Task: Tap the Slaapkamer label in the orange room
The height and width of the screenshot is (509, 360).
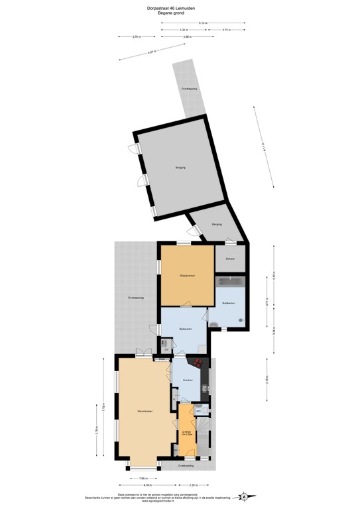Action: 186,275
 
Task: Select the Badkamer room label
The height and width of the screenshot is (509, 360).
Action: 227,302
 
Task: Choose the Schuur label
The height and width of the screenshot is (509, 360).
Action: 229,258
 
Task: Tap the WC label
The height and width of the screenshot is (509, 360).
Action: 198,411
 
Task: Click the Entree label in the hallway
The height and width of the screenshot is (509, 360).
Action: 187,432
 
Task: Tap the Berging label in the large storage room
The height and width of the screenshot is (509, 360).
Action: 180,168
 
